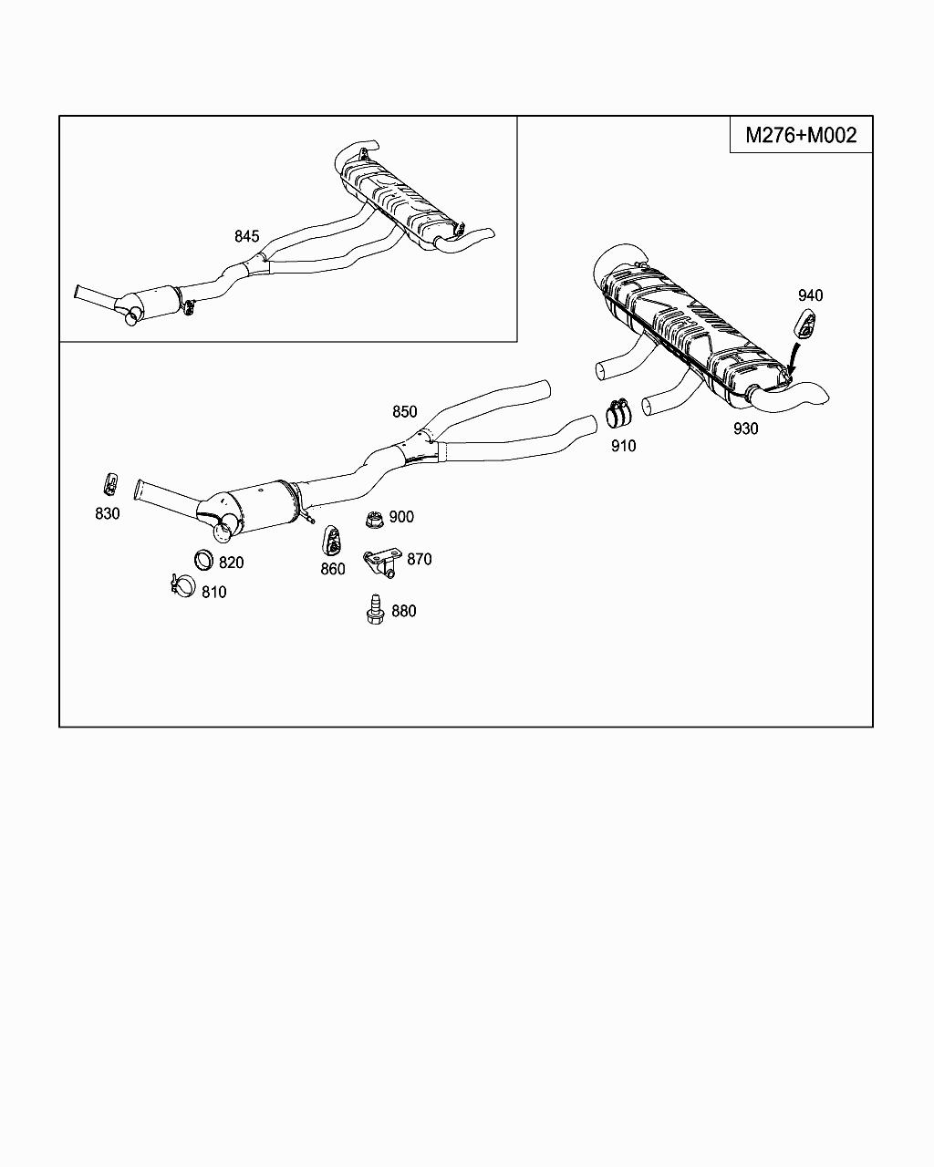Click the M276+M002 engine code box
pyautogui.click(x=801, y=135)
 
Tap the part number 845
pyautogui.click(x=246, y=236)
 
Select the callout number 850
pyautogui.click(x=404, y=412)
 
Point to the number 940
pyautogui.click(x=810, y=294)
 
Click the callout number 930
pyautogui.click(x=745, y=429)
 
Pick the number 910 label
pyautogui.click(x=624, y=446)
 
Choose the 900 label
pyautogui.click(x=401, y=516)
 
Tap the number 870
pyautogui.click(x=420, y=559)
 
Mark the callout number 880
pyautogui.click(x=404, y=611)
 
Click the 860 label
pyautogui.click(x=333, y=569)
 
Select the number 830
pyautogui.click(x=108, y=513)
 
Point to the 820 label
pyautogui.click(x=232, y=563)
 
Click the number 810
pyautogui.click(x=214, y=592)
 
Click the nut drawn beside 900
pyautogui.click(x=372, y=520)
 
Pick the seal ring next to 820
pyautogui.click(x=203, y=560)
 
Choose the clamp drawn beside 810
pyautogui.click(x=181, y=585)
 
